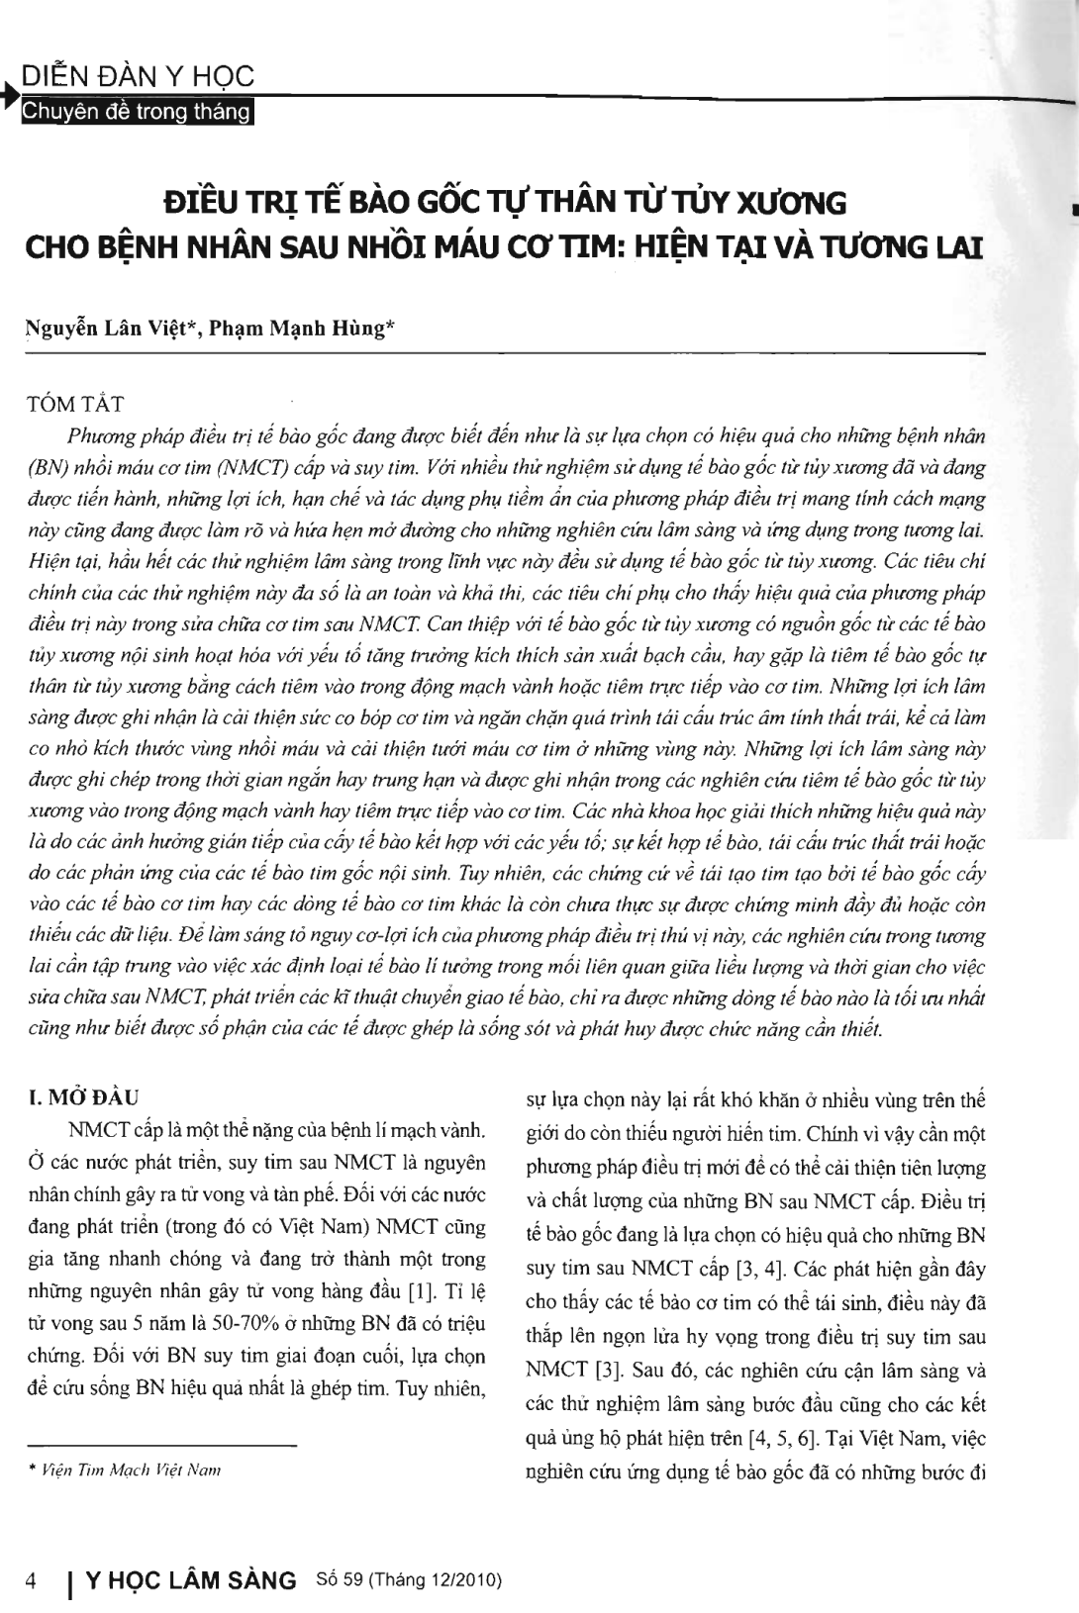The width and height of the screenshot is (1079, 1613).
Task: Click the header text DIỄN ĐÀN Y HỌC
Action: click(x=138, y=76)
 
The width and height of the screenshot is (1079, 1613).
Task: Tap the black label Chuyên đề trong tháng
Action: click(x=138, y=112)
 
